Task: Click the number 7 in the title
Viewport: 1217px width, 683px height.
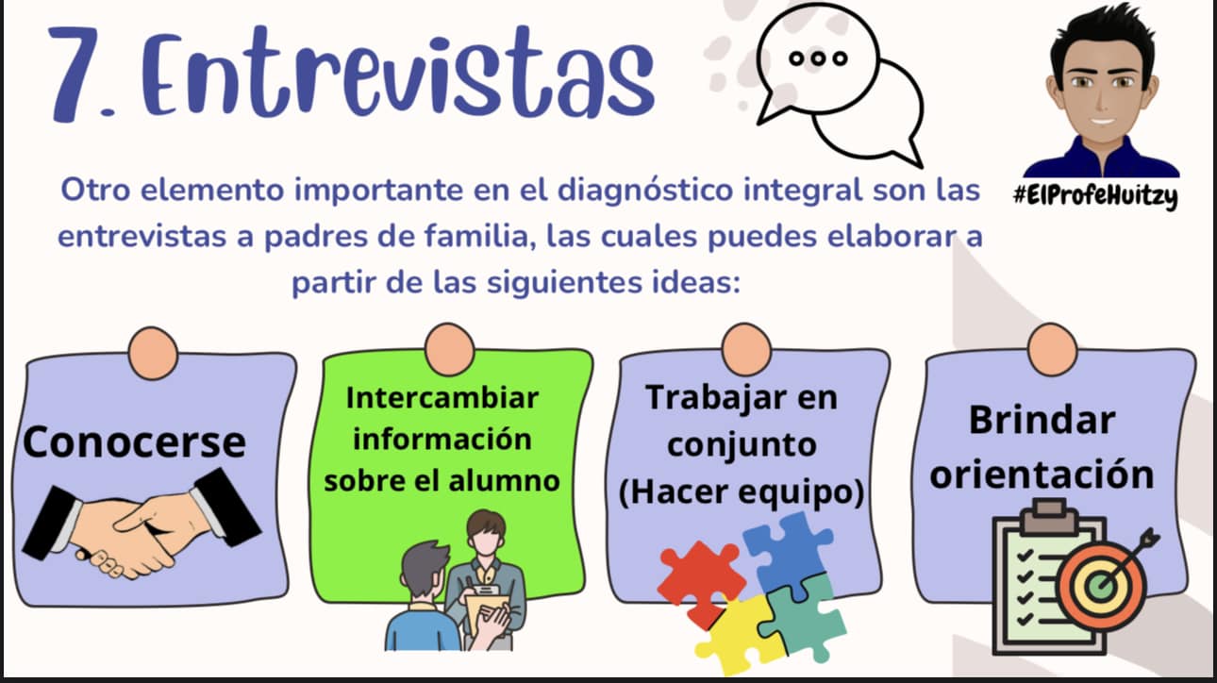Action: pos(80,73)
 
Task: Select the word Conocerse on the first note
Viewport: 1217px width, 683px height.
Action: pos(134,442)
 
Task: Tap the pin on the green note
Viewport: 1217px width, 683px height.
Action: pos(450,350)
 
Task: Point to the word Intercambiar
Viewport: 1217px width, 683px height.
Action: pos(442,397)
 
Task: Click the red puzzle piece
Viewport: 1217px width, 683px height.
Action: pos(701,582)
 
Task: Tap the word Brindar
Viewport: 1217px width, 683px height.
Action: pos(1042,421)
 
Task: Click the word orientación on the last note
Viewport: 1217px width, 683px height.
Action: pos(1042,475)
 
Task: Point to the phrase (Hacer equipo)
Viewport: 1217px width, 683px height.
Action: pos(742,492)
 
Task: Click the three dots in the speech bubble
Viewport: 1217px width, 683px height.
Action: pos(818,58)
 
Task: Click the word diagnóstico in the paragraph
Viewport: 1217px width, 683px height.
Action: pos(645,192)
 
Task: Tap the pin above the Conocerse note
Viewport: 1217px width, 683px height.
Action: pos(153,353)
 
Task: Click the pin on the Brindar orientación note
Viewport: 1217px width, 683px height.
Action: pos(1053,350)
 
